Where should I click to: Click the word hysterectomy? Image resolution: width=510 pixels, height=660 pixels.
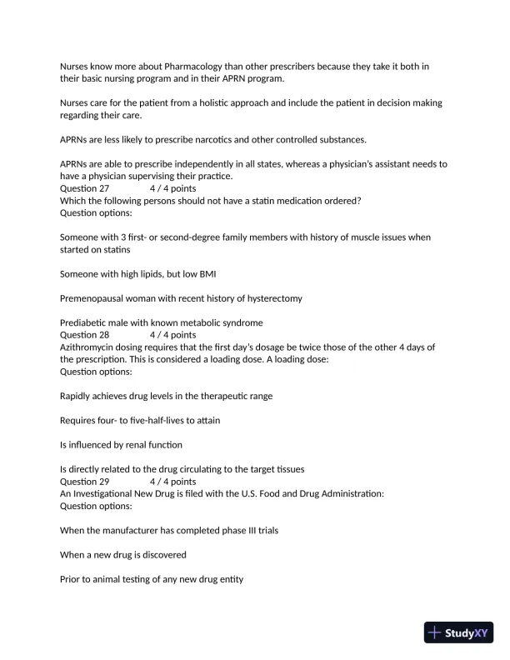point(272,298)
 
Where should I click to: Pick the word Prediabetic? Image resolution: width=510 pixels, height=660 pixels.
point(85,322)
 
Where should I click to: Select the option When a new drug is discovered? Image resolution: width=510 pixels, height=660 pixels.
point(123,553)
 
